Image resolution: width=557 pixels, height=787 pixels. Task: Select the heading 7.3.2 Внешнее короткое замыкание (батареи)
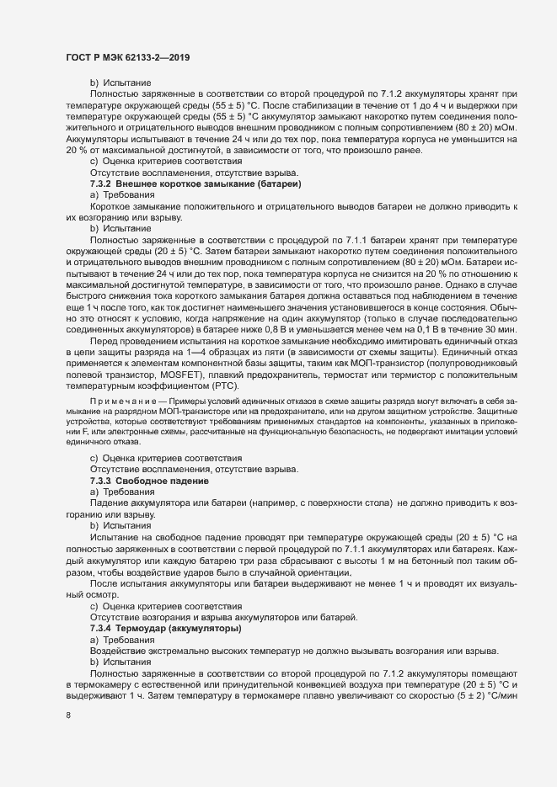click(x=195, y=183)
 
